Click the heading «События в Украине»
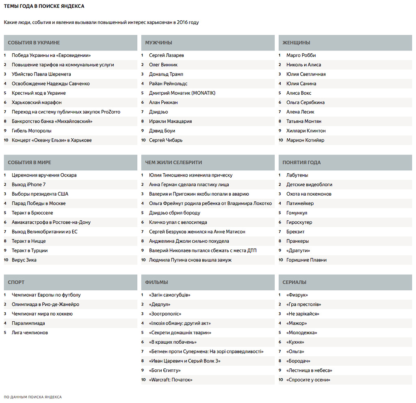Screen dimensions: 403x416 pyautogui.click(x=34, y=43)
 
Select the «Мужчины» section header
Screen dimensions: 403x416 pyautogui.click(x=158, y=43)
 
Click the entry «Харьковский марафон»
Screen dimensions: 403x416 pyautogui.click(x=37, y=102)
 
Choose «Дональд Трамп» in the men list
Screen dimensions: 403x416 pyautogui.click(x=166, y=74)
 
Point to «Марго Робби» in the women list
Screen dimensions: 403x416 pyautogui.click(x=301, y=55)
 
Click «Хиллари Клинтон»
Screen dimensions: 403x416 pyautogui.click(x=305, y=131)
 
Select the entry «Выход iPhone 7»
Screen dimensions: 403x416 pyautogui.click(x=28, y=185)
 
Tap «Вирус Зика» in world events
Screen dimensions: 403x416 pyautogui.click(x=24, y=260)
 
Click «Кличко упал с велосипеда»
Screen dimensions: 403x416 pyautogui.click(x=178, y=222)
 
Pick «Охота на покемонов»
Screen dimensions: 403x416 pyautogui.click(x=308, y=194)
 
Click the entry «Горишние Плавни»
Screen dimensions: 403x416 pyautogui.click(x=306, y=260)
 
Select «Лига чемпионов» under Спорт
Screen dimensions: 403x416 pyautogui.click(x=30, y=333)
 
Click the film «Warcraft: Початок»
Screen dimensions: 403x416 pyautogui.click(x=171, y=380)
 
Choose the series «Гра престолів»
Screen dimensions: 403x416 pyautogui.click(x=303, y=304)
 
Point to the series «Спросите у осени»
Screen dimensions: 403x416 pyautogui.click(x=308, y=380)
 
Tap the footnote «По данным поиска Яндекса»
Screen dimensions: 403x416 pyautogui.click(x=32, y=397)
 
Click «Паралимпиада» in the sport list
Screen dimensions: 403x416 pyautogui.click(x=28, y=323)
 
